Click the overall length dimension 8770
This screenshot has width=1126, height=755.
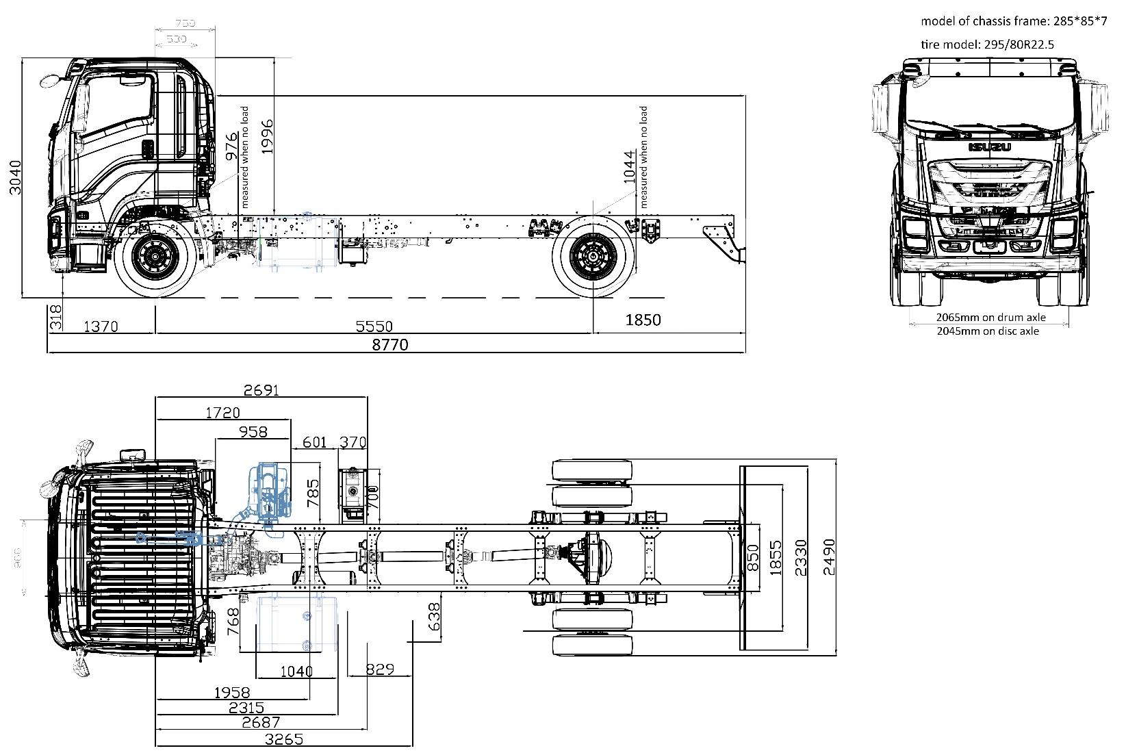pos(390,344)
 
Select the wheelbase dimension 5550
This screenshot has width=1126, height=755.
pos(375,327)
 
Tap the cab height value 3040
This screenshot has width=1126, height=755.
pos(15,177)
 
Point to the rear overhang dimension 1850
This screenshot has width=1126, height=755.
pos(643,320)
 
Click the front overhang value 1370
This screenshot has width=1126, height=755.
pos(101,327)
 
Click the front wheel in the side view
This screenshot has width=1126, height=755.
pos(151,257)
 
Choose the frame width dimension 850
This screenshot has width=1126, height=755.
pos(752,558)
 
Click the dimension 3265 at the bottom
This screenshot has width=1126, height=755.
pos(284,739)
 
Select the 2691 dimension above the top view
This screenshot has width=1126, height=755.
pos(261,391)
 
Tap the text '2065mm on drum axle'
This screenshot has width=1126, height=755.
pos(987,318)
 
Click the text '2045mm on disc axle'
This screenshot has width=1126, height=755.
pos(987,331)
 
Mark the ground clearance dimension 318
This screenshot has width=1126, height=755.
pos(56,318)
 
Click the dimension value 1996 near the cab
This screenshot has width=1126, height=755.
pos(266,136)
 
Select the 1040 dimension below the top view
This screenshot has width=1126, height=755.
pos(296,671)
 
